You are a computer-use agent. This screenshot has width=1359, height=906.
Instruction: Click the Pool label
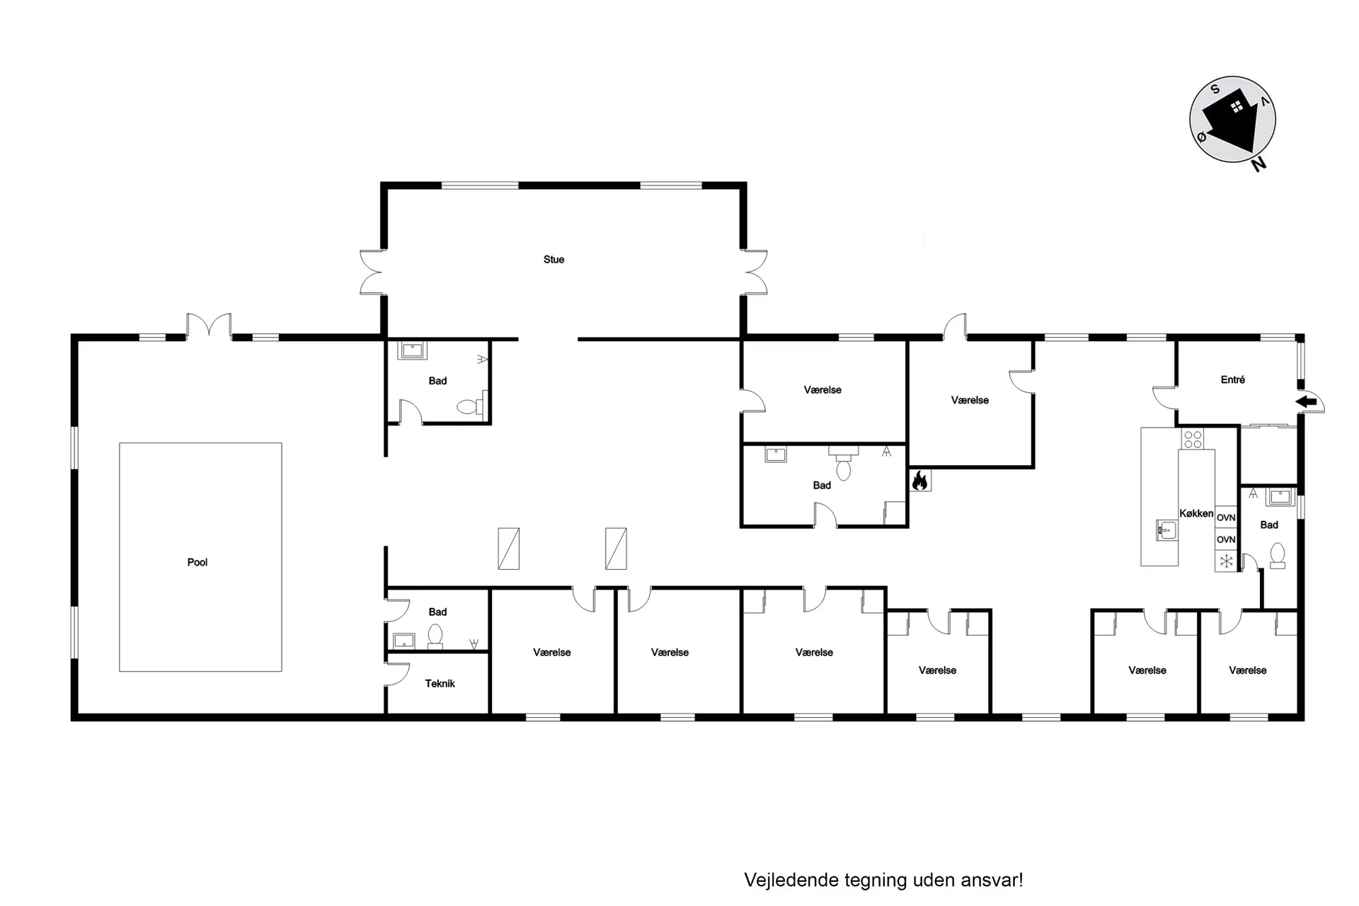pos(197,562)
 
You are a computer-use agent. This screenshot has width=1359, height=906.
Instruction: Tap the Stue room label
pos(554,260)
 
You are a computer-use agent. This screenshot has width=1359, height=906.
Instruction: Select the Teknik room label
pos(440,683)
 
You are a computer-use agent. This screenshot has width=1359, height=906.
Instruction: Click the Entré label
pos(1232,379)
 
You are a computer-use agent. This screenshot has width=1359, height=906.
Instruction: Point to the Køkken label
pos(1196,513)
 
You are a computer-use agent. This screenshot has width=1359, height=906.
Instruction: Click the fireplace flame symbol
pos(920,481)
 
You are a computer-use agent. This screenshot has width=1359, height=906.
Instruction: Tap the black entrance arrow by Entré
pos(1306,402)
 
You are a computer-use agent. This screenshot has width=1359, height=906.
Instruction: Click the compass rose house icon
pos(1232,119)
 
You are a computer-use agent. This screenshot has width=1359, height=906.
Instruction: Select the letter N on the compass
pos(1258,164)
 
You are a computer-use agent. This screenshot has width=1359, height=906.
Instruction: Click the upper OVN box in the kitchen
pos(1226,517)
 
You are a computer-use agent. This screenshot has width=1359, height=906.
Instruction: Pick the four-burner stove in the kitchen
pos(1193,439)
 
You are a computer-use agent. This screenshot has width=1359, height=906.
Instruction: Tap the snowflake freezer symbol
pos(1226,561)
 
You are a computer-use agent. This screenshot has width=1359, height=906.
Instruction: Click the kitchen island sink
pos(1166,529)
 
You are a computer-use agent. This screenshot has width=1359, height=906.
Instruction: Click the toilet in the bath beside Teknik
pos(435,636)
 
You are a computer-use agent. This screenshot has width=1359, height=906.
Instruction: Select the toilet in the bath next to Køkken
pos(1278,556)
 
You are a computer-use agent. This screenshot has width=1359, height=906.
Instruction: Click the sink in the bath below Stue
pos(411,350)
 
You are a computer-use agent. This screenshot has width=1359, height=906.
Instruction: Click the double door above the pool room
pos(209,327)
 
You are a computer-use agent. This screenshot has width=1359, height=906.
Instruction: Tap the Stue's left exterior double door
pos(372,272)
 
